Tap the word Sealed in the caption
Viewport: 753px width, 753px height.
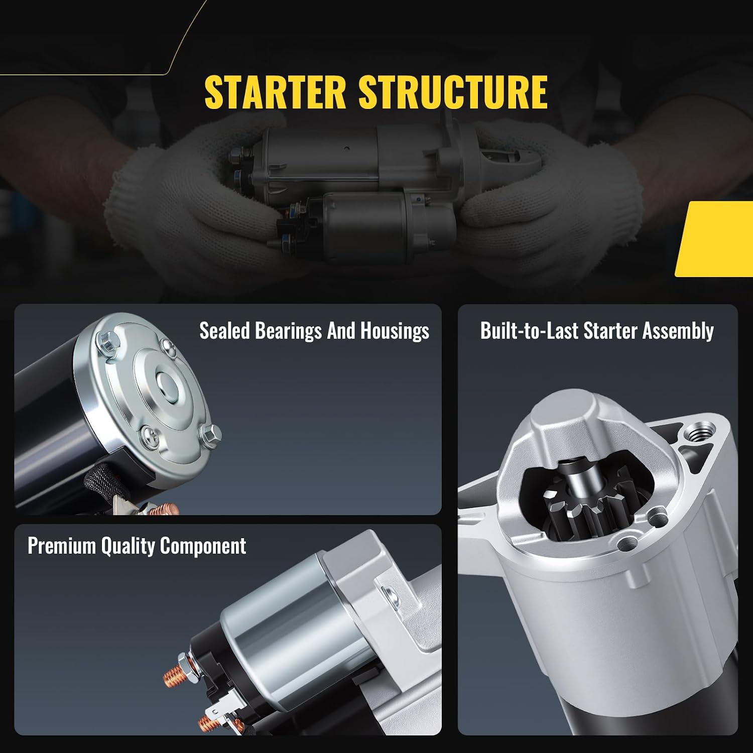click(x=224, y=331)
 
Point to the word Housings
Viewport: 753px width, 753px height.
click(x=395, y=332)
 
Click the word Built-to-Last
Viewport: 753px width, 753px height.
click(x=529, y=331)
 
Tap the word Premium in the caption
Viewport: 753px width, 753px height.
click(x=61, y=546)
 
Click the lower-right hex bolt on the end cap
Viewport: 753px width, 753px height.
click(x=210, y=435)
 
